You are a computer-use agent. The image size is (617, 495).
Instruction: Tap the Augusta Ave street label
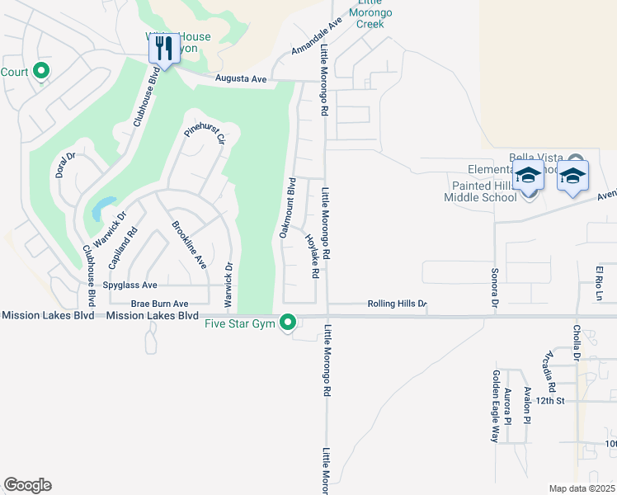[x=240, y=79]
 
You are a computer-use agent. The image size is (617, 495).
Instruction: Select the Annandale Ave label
[x=317, y=37]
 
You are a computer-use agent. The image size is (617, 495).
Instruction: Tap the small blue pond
[x=103, y=208]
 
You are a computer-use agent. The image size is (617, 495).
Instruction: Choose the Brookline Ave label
[x=189, y=245]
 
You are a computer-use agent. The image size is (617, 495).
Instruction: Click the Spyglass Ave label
[x=130, y=285]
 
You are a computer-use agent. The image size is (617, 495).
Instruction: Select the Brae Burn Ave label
[x=158, y=303]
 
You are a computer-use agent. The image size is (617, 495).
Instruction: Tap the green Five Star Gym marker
[x=288, y=323]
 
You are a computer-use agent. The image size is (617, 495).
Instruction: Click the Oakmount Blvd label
[x=287, y=207]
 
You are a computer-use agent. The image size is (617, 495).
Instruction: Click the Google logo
[x=28, y=485]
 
